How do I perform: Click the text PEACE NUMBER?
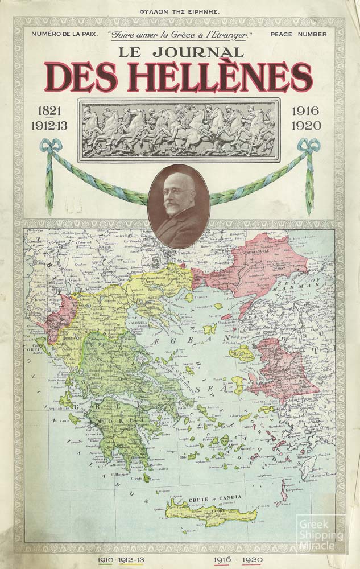pos(299,34)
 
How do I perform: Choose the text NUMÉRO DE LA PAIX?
pos(65,34)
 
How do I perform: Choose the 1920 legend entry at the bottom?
pos(251,560)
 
